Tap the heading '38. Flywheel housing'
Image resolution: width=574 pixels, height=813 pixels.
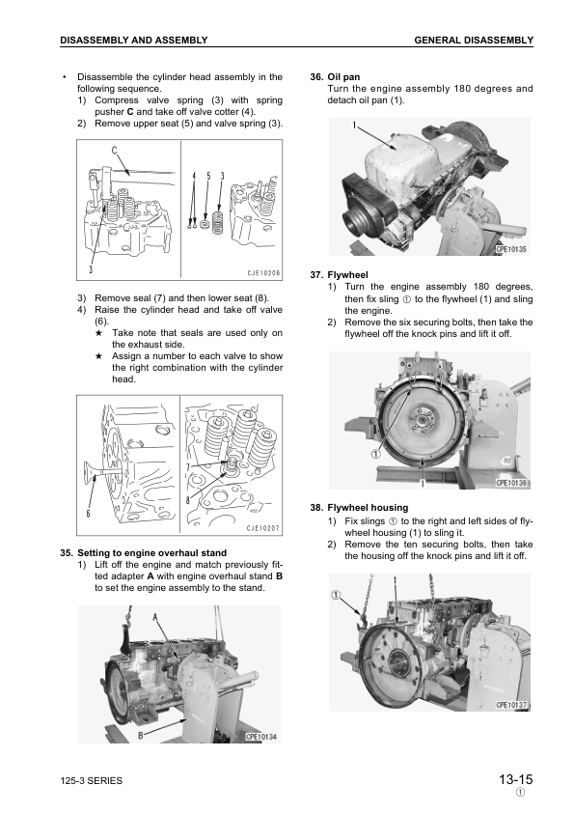359,507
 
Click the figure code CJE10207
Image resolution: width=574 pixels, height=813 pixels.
262,528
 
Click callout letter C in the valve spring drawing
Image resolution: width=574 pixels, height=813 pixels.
114,151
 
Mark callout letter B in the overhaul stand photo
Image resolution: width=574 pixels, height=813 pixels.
141,735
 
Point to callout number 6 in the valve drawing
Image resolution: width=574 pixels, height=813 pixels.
89,514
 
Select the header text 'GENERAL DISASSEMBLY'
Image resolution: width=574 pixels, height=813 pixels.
473,40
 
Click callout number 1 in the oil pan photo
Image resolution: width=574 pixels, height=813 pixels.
354,126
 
